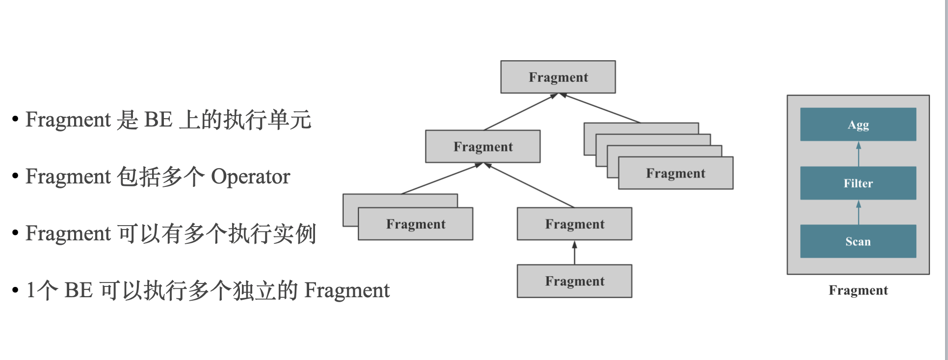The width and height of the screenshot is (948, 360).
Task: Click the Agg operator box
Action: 858,125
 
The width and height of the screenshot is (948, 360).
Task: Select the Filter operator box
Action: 858,183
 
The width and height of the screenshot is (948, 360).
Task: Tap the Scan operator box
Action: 858,241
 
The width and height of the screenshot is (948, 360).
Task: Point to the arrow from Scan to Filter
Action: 858,212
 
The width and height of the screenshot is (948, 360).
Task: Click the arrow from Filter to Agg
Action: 858,154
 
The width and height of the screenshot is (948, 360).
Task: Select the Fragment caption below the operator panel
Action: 858,290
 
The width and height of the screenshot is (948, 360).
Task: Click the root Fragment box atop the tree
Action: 558,77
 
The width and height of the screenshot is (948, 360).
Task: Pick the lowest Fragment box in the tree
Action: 574,281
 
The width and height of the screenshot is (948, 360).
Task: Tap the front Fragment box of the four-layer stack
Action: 675,173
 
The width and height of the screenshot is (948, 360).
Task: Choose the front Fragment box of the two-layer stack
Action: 415,224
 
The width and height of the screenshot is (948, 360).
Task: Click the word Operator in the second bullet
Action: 250,177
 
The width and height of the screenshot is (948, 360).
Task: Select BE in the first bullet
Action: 158,120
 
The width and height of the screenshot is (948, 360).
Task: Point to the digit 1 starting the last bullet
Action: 30,290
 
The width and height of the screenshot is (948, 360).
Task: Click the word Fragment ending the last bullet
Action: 346,290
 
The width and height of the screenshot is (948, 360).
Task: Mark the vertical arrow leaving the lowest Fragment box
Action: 575,253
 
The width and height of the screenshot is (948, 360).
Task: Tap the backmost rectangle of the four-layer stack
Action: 640,128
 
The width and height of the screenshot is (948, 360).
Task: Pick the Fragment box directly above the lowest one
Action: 574,224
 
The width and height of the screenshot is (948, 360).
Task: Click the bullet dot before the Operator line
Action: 15,176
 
